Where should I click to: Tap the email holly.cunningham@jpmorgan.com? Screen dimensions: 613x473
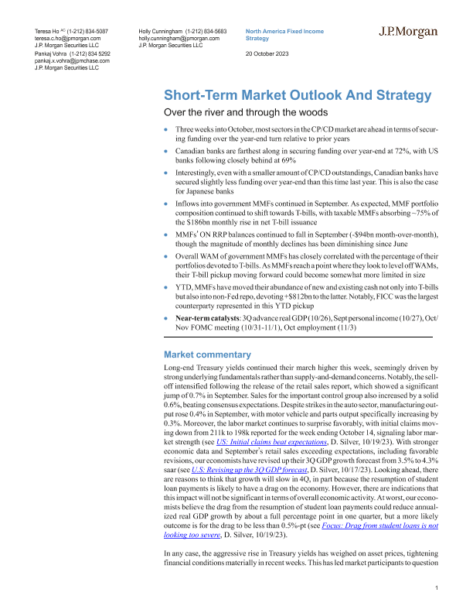coord(179,37)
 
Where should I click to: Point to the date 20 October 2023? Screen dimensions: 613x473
coord(271,53)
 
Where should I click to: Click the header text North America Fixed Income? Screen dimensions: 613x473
coord(283,30)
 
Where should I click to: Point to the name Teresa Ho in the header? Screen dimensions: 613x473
coord(50,30)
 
